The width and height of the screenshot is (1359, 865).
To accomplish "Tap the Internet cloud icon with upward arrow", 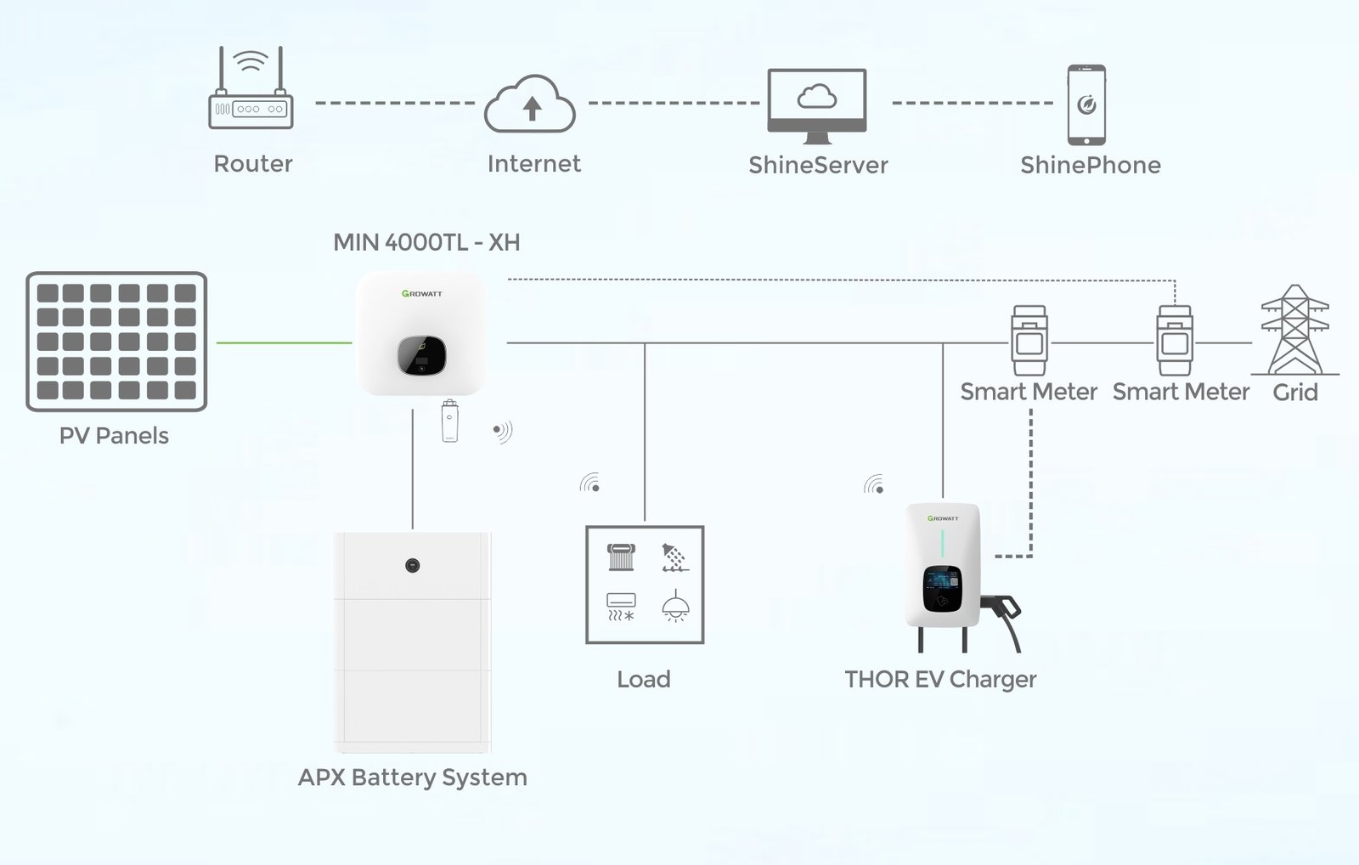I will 531,105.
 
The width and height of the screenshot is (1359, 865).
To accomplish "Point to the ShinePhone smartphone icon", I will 1086,105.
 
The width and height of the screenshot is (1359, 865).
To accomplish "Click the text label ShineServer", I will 818,165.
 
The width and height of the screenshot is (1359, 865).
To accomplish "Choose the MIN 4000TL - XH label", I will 426,243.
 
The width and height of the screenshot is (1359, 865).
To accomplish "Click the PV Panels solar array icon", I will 116,342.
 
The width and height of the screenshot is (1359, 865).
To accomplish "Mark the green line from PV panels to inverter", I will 284,343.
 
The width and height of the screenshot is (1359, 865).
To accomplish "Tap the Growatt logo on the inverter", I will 422,294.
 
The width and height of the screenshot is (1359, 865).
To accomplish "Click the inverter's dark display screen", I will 422,355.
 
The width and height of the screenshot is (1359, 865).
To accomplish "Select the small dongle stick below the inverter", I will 450,420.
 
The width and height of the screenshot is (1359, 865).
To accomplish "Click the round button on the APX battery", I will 413,565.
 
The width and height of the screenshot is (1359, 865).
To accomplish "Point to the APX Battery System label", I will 413,777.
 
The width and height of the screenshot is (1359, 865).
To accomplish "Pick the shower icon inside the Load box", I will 675,557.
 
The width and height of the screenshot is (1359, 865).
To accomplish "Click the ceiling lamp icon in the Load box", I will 675,607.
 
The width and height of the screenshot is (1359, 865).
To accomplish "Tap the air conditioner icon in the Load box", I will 621,607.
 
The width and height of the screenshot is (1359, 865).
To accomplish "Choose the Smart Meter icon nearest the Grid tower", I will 1175,341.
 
